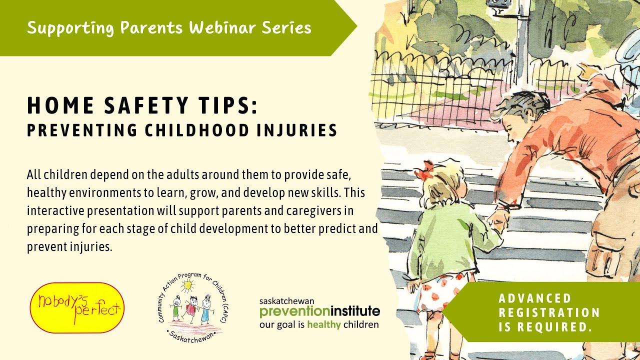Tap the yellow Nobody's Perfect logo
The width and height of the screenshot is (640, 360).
[77, 307]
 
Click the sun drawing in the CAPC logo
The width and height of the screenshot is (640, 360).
[188, 286]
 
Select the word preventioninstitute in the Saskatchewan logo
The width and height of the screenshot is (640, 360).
[319, 312]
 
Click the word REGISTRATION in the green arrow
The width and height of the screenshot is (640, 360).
[549, 313]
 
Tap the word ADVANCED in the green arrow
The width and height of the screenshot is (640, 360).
[535, 298]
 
